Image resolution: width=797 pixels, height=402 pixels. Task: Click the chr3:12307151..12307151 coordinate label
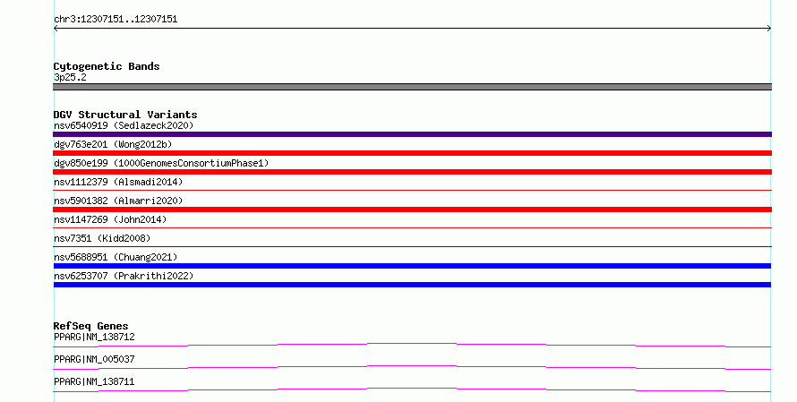[116, 20]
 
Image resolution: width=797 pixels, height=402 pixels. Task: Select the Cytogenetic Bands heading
[107, 66]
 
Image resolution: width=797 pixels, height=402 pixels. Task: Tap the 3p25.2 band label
[70, 77]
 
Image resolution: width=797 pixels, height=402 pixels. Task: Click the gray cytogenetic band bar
[412, 87]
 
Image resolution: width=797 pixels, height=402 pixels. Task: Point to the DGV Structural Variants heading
[125, 115]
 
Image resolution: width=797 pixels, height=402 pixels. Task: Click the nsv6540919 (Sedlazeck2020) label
[124, 125]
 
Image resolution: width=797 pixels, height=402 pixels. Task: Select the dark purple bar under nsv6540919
[412, 134]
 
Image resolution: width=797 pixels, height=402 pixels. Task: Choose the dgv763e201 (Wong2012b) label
[113, 144]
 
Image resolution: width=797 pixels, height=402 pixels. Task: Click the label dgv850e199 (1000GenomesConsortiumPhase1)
[161, 163]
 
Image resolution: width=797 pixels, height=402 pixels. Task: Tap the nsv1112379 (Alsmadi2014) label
[118, 182]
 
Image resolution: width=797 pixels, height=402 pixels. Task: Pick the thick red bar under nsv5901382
[412, 210]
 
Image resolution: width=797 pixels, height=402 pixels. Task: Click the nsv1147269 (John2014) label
[110, 219]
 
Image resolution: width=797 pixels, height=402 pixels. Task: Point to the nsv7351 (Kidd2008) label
[102, 238]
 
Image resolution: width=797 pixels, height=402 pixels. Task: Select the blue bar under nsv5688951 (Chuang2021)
[412, 266]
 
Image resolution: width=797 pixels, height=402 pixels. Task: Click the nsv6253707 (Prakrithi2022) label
[124, 276]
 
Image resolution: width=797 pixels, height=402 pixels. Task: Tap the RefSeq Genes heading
[91, 326]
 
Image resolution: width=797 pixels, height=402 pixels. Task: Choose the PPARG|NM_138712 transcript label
[94, 337]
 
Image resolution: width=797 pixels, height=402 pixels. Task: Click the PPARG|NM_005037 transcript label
[94, 359]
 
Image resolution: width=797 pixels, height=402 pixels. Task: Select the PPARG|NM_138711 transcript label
[94, 381]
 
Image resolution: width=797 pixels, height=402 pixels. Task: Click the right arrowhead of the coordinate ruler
[770, 29]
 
